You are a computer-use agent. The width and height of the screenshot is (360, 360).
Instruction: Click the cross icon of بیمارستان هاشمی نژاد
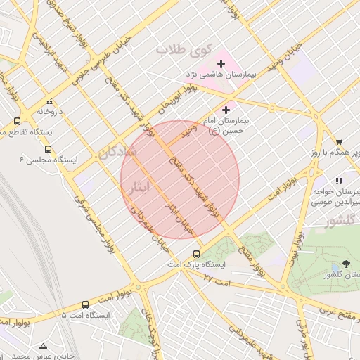(221, 64)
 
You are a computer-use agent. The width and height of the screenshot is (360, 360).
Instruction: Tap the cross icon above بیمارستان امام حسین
(226, 109)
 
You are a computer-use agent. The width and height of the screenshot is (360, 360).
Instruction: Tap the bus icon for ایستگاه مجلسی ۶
(48, 149)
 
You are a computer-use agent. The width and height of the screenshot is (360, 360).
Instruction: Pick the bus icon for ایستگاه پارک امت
(196, 254)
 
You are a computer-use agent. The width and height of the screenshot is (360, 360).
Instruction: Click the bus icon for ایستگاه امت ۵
(85, 304)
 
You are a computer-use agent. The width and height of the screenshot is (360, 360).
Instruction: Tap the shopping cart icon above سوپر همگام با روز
(339, 142)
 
